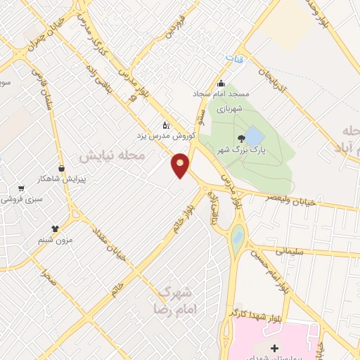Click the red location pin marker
(181, 165)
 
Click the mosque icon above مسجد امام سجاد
(221, 83)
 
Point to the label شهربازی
(229, 110)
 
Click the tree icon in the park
(241, 137)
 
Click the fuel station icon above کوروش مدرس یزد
(165, 124)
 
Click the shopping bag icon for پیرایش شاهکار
(62, 169)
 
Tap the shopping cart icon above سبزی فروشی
(20, 188)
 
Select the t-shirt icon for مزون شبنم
(55, 229)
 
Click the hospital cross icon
(274, 349)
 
